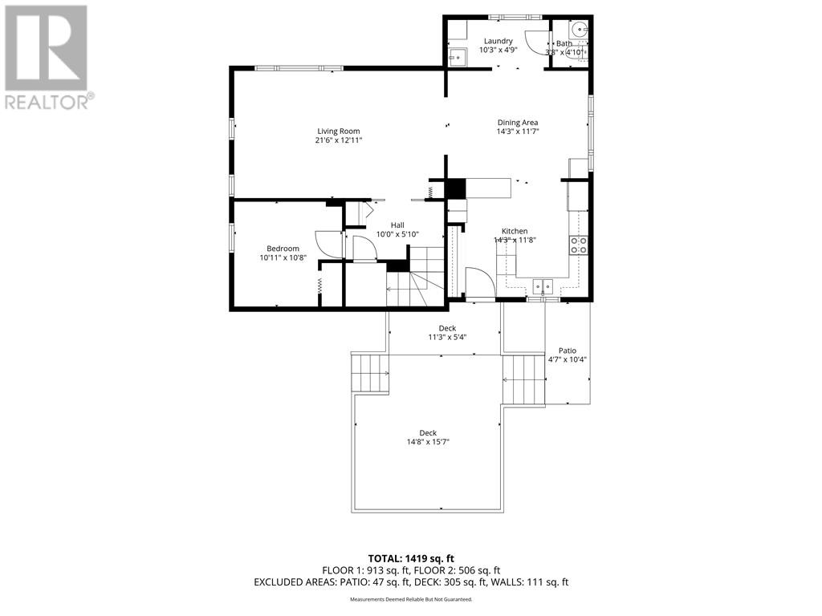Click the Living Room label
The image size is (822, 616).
tap(338, 131)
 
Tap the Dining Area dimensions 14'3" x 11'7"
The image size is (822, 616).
tap(517, 132)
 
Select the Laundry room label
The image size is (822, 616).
tap(498, 41)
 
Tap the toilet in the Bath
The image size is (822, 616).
tap(581, 51)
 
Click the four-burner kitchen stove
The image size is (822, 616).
tap(578, 245)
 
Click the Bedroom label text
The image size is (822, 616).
tap(283, 249)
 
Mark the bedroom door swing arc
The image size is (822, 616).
tap(329, 244)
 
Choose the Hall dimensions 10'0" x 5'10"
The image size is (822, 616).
tap(397, 234)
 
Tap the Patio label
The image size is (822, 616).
tap(568, 351)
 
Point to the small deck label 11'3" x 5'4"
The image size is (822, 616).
tap(447, 337)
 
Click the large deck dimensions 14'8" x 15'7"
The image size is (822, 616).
tap(427, 442)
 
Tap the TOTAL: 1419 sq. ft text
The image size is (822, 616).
tap(411, 558)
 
